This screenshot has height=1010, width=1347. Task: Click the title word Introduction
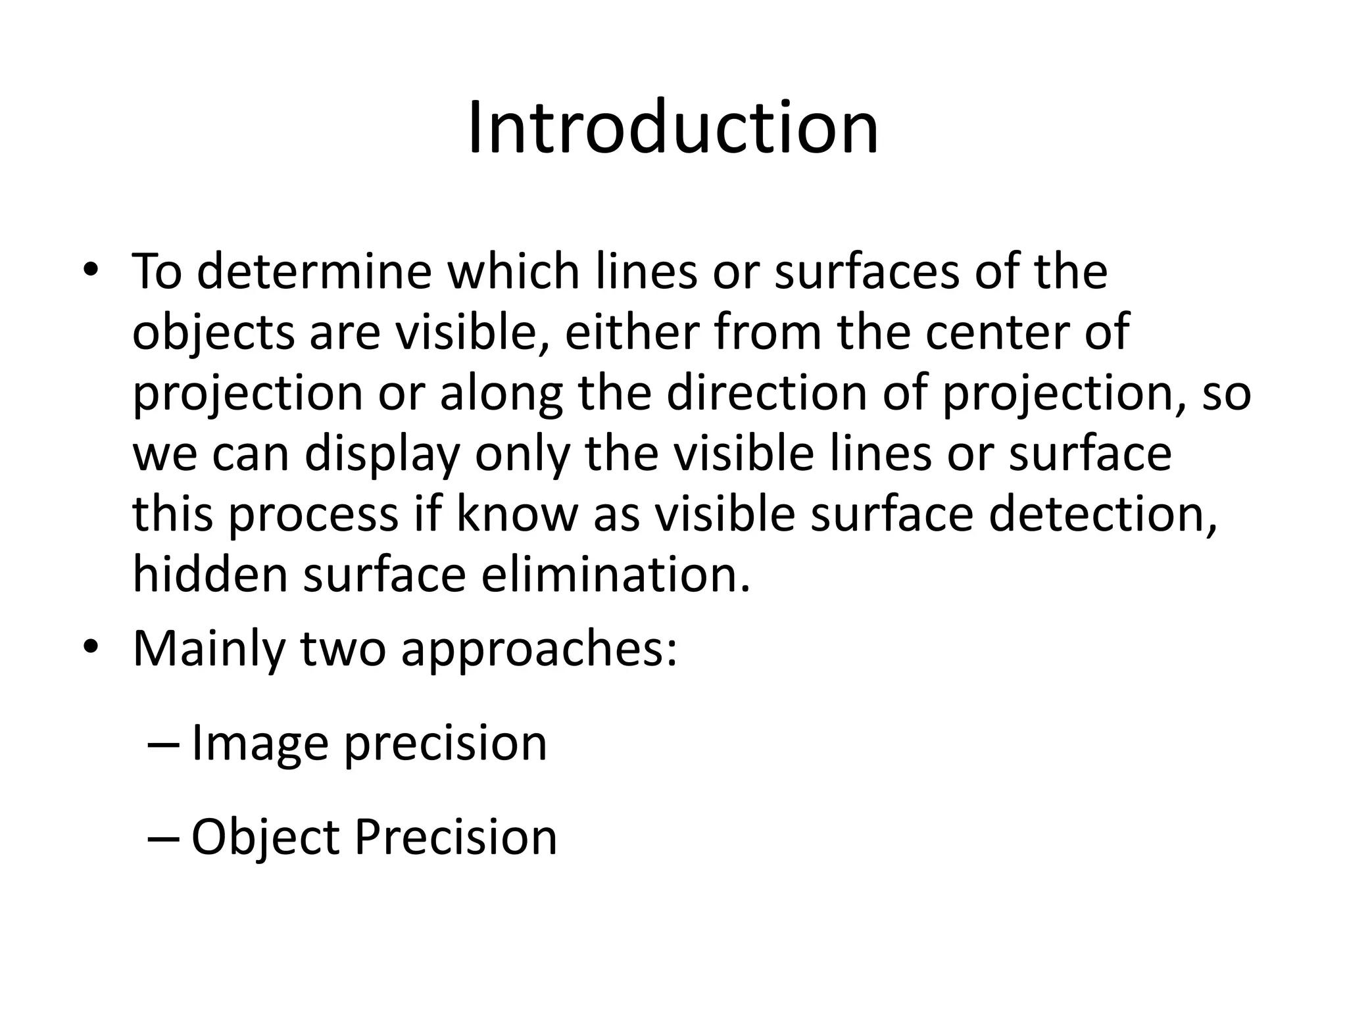click(673, 128)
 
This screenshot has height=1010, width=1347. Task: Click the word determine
click(314, 272)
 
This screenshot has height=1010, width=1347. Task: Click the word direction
click(767, 393)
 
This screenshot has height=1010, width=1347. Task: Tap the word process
click(313, 515)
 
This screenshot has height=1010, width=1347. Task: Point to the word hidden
click(210, 574)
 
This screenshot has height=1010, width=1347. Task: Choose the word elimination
click(616, 574)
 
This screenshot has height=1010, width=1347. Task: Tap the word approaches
click(538, 650)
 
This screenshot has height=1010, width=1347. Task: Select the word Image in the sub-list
click(259, 744)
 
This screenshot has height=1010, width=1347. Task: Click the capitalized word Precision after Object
click(456, 837)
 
